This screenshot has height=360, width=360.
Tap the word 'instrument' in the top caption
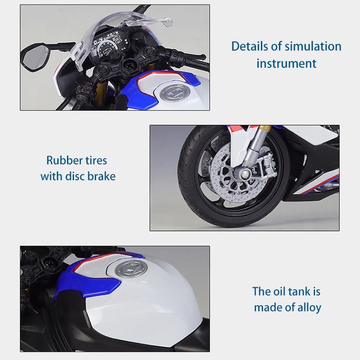[286, 63]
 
